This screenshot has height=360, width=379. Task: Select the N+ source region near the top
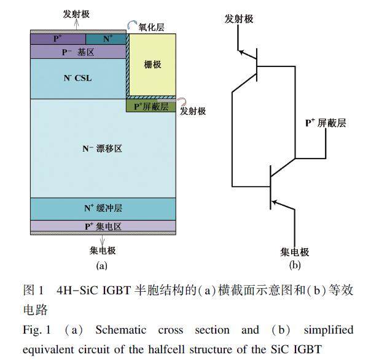click(x=109, y=38)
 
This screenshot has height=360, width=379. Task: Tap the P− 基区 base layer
click(x=77, y=52)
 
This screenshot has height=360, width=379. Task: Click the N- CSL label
click(x=77, y=79)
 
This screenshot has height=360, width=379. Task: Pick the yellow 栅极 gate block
click(x=152, y=65)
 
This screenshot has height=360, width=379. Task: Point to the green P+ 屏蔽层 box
click(x=151, y=106)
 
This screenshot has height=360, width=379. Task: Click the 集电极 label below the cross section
click(x=103, y=251)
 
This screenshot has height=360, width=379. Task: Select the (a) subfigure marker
click(x=102, y=266)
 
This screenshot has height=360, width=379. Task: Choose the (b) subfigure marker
click(x=295, y=265)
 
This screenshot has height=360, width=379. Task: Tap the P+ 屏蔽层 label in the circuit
click(x=326, y=123)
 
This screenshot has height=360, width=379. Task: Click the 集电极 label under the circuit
click(x=295, y=252)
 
